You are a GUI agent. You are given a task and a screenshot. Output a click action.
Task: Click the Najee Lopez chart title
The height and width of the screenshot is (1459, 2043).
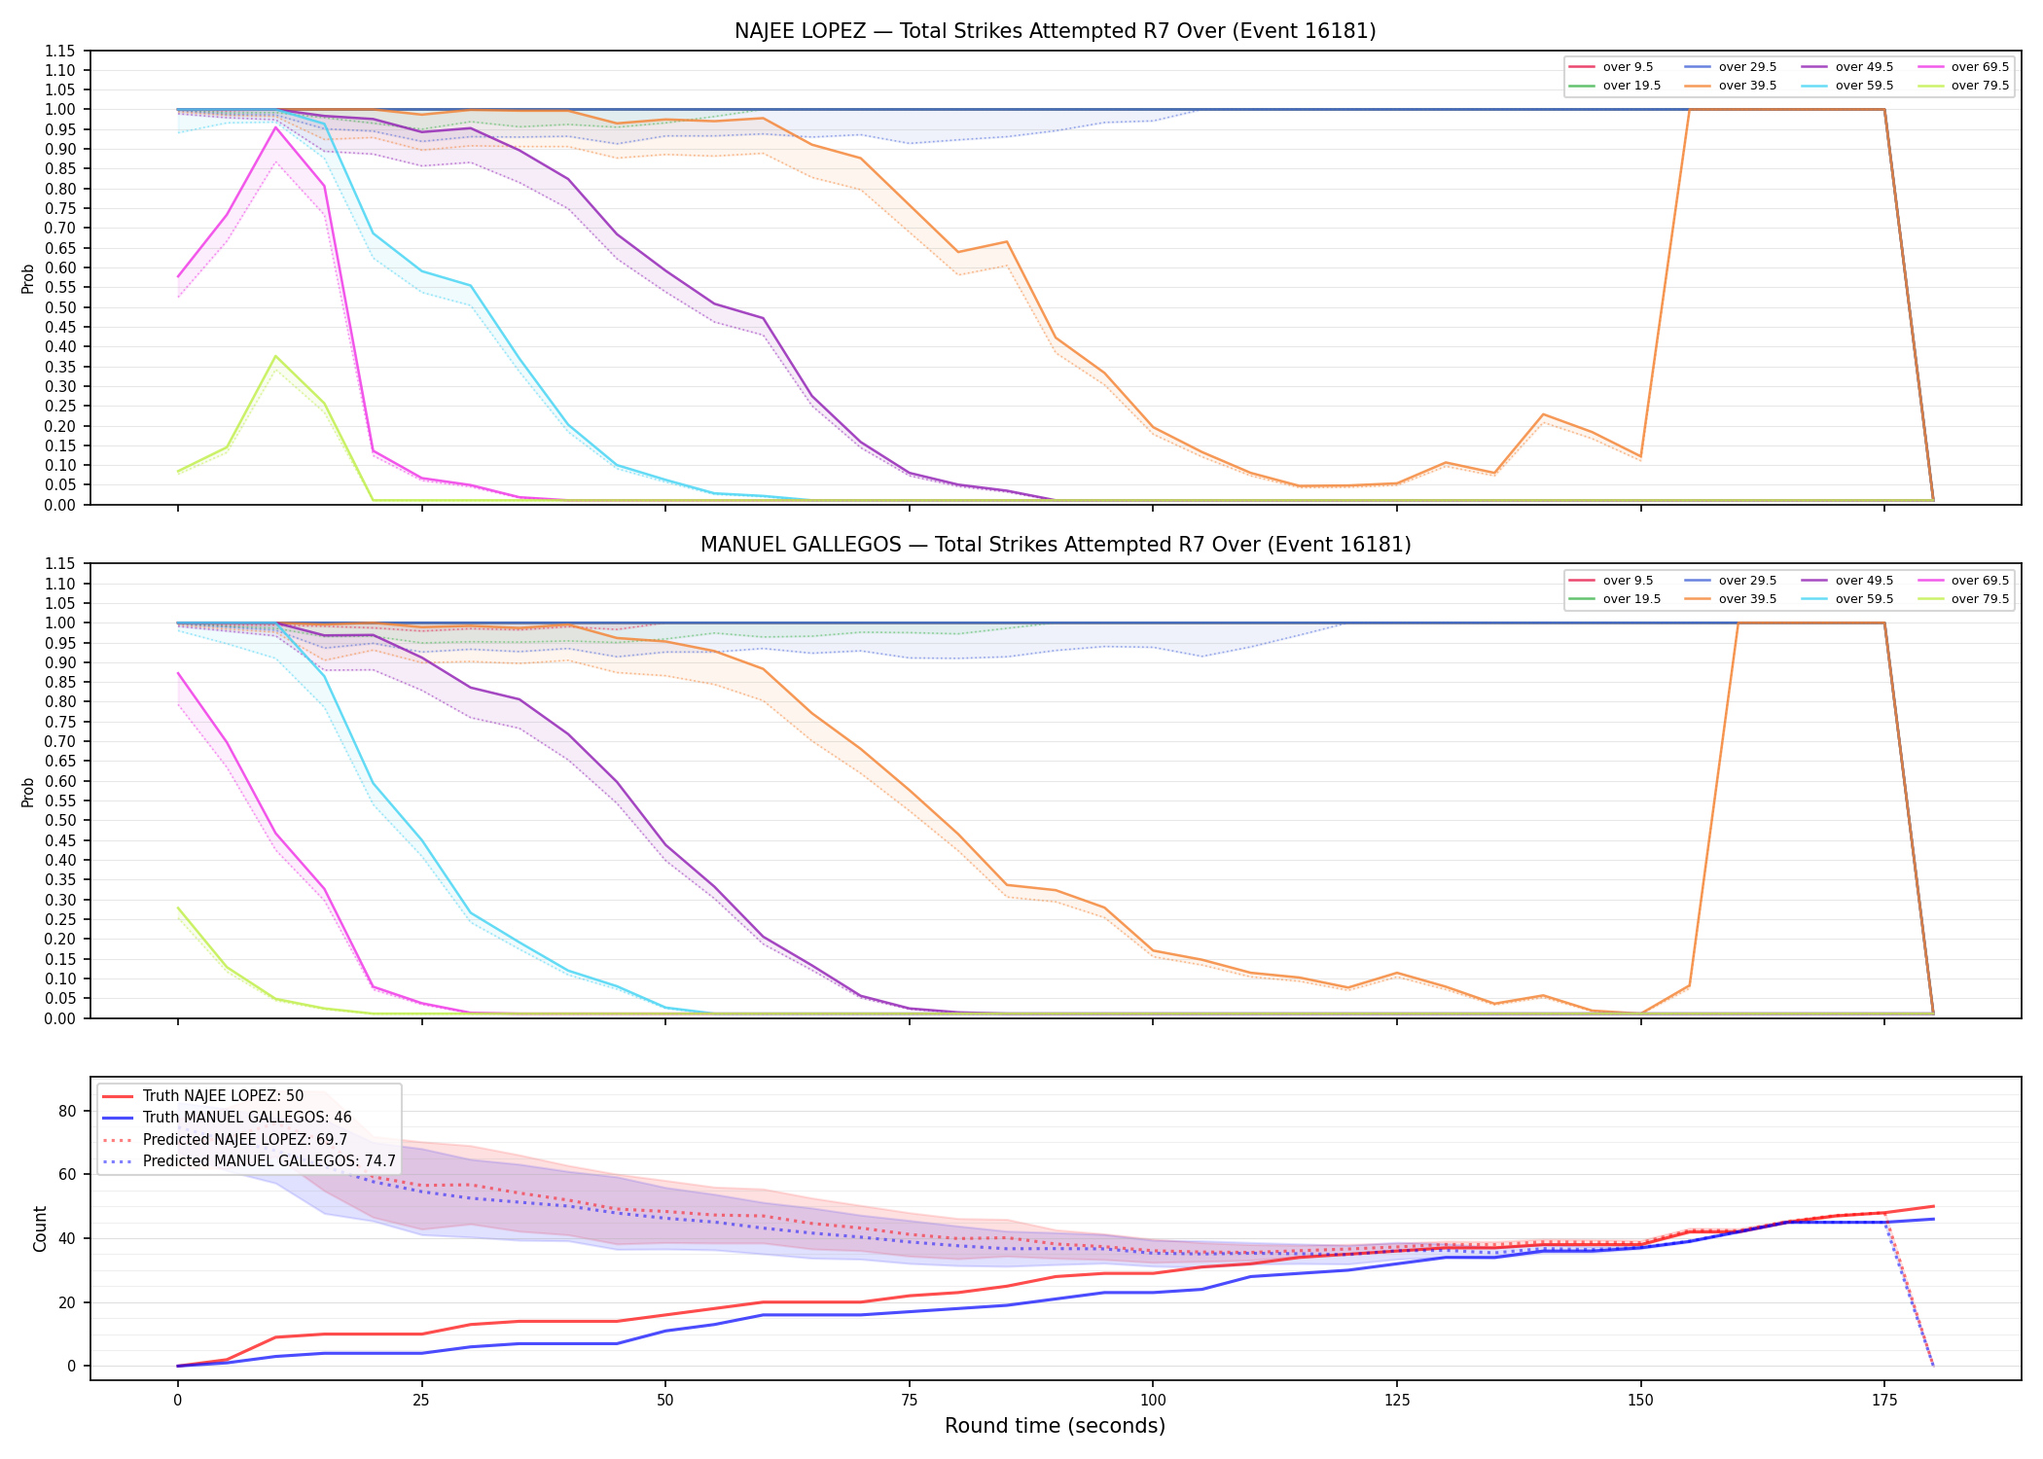click(1055, 31)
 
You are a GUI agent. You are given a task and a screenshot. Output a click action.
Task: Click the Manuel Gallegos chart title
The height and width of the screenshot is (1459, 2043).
click(1055, 545)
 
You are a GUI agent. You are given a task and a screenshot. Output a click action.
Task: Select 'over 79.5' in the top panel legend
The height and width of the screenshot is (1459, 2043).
click(1980, 86)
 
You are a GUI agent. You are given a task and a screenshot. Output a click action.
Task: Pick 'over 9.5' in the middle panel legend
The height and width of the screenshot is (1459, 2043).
click(1628, 581)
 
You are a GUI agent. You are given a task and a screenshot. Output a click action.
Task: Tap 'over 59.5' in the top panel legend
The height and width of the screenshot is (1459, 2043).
click(1864, 86)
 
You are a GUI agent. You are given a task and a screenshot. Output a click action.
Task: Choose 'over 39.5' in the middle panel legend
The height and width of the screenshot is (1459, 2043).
click(1747, 599)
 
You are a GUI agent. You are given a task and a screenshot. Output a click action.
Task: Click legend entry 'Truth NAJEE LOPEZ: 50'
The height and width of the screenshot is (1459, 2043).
click(223, 1096)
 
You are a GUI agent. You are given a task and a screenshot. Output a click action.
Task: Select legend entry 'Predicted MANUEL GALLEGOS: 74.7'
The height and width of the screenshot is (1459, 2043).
click(269, 1161)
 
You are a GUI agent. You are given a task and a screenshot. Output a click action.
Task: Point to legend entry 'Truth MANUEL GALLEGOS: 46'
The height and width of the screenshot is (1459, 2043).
click(247, 1118)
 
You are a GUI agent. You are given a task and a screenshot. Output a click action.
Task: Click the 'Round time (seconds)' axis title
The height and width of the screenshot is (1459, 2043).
click(1055, 1426)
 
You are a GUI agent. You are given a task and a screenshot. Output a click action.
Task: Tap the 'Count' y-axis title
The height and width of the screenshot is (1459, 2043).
click(40, 1228)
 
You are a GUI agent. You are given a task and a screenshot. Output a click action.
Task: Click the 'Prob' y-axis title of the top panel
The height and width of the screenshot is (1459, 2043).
click(28, 278)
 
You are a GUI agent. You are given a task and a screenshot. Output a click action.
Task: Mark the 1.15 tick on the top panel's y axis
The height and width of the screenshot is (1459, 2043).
click(60, 51)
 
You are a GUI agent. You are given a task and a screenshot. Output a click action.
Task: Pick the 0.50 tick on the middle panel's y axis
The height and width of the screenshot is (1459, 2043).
click(60, 821)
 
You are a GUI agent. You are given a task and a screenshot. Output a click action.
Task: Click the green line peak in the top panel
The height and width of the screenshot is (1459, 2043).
click(275, 356)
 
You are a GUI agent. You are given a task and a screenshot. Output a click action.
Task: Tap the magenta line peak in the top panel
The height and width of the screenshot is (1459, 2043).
click(275, 127)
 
